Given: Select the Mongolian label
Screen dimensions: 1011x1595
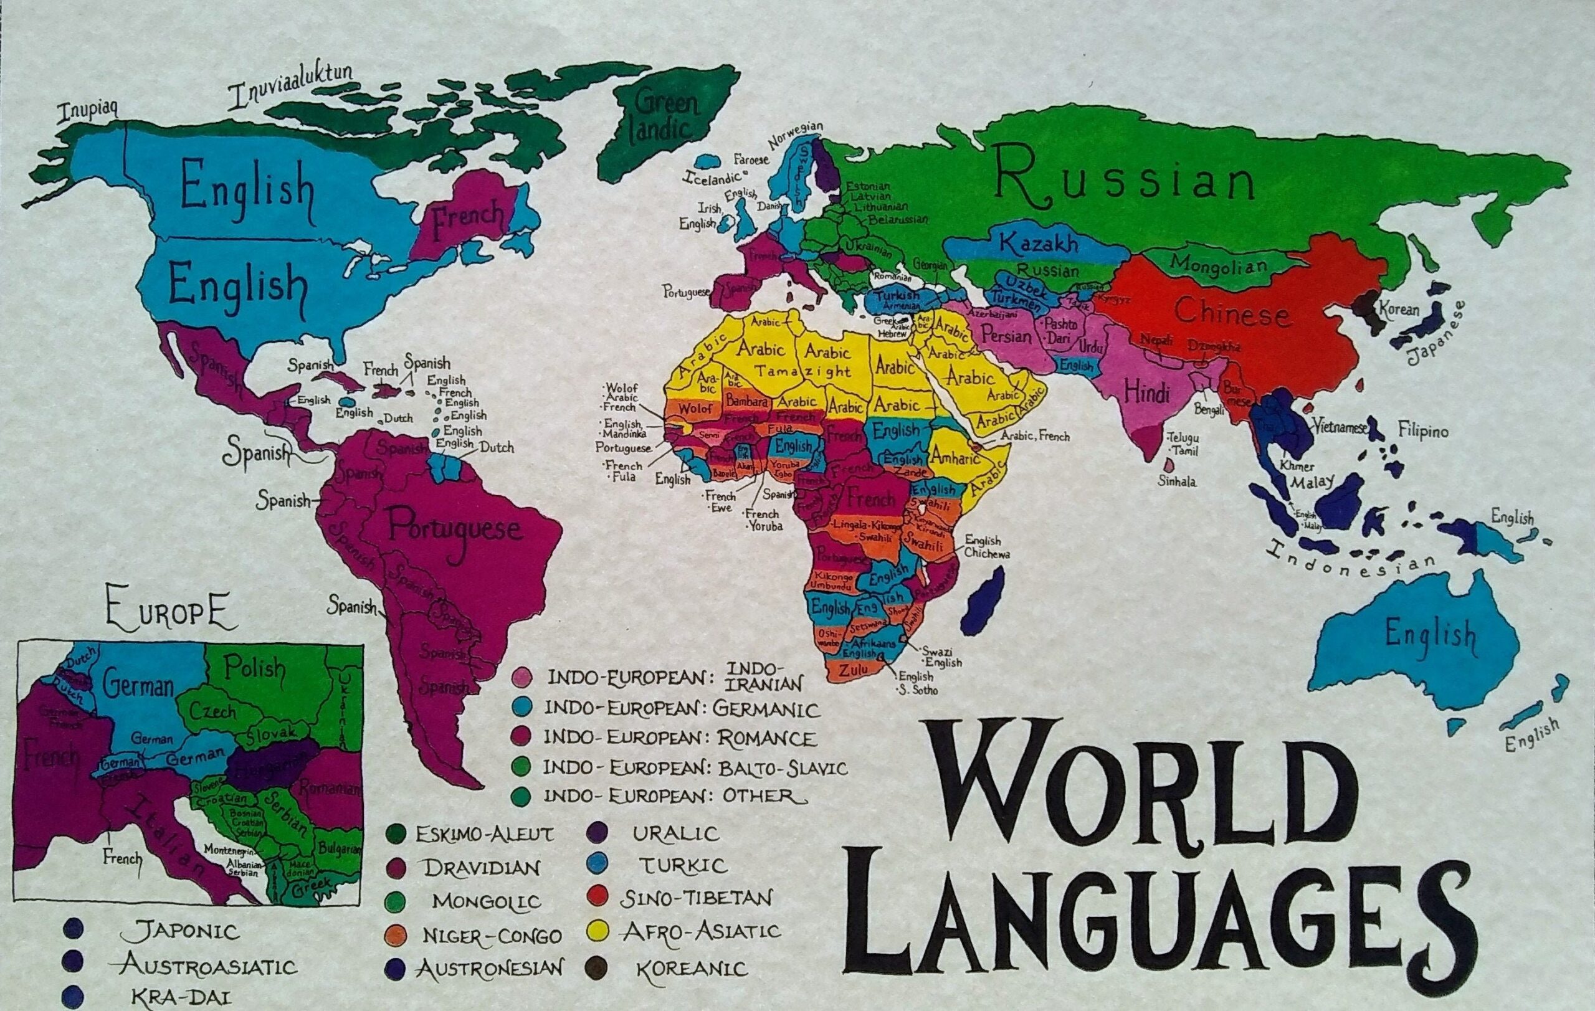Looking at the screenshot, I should (x=1219, y=263).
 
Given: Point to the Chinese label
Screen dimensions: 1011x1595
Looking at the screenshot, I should (x=1232, y=311).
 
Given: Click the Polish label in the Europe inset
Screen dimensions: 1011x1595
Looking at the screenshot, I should (x=253, y=668).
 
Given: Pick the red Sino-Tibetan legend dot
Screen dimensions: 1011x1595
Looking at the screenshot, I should (x=598, y=898).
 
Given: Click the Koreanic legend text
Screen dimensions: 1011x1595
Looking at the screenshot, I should (x=692, y=969).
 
